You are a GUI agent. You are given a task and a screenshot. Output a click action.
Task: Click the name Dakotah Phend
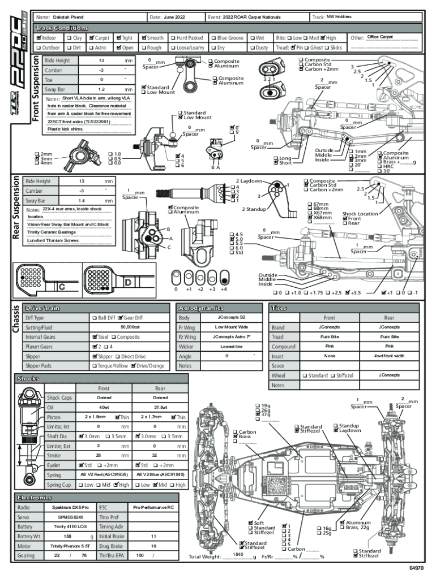click(68, 18)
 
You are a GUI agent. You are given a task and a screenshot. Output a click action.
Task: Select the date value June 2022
click(175, 18)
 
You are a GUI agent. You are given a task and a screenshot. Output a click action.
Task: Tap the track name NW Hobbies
click(339, 17)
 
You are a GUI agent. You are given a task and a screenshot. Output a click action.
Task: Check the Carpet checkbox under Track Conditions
click(91, 38)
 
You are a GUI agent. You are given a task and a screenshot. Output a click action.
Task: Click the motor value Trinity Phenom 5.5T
click(69, 546)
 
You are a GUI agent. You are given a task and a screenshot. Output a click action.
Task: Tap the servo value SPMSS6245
click(69, 517)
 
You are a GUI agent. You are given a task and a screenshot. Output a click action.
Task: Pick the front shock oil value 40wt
click(104, 407)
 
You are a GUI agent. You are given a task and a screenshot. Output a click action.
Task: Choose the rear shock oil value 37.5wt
click(160, 407)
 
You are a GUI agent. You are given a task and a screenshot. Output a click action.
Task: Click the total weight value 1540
click(238, 555)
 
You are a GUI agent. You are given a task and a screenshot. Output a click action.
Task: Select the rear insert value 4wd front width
click(389, 356)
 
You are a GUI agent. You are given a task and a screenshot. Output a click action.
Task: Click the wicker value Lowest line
click(231, 347)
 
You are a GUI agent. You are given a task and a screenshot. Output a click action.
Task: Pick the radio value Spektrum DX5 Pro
click(69, 508)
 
